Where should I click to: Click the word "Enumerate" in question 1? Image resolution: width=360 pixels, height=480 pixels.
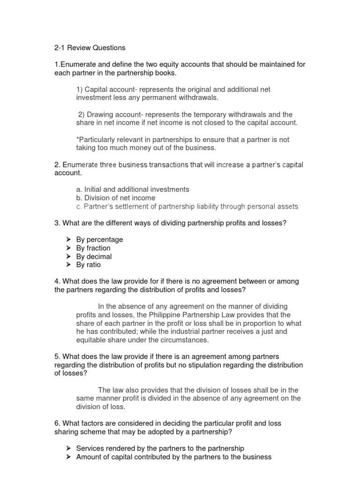76,64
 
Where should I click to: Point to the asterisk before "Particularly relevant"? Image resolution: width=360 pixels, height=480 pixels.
77,139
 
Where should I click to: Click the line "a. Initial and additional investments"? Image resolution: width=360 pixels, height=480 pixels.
132,189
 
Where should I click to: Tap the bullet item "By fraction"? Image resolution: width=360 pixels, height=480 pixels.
93,248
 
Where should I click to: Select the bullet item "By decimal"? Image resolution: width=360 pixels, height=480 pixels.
94,256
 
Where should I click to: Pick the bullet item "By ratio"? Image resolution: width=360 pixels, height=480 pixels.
88,265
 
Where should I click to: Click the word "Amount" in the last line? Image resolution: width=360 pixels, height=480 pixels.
89,457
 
